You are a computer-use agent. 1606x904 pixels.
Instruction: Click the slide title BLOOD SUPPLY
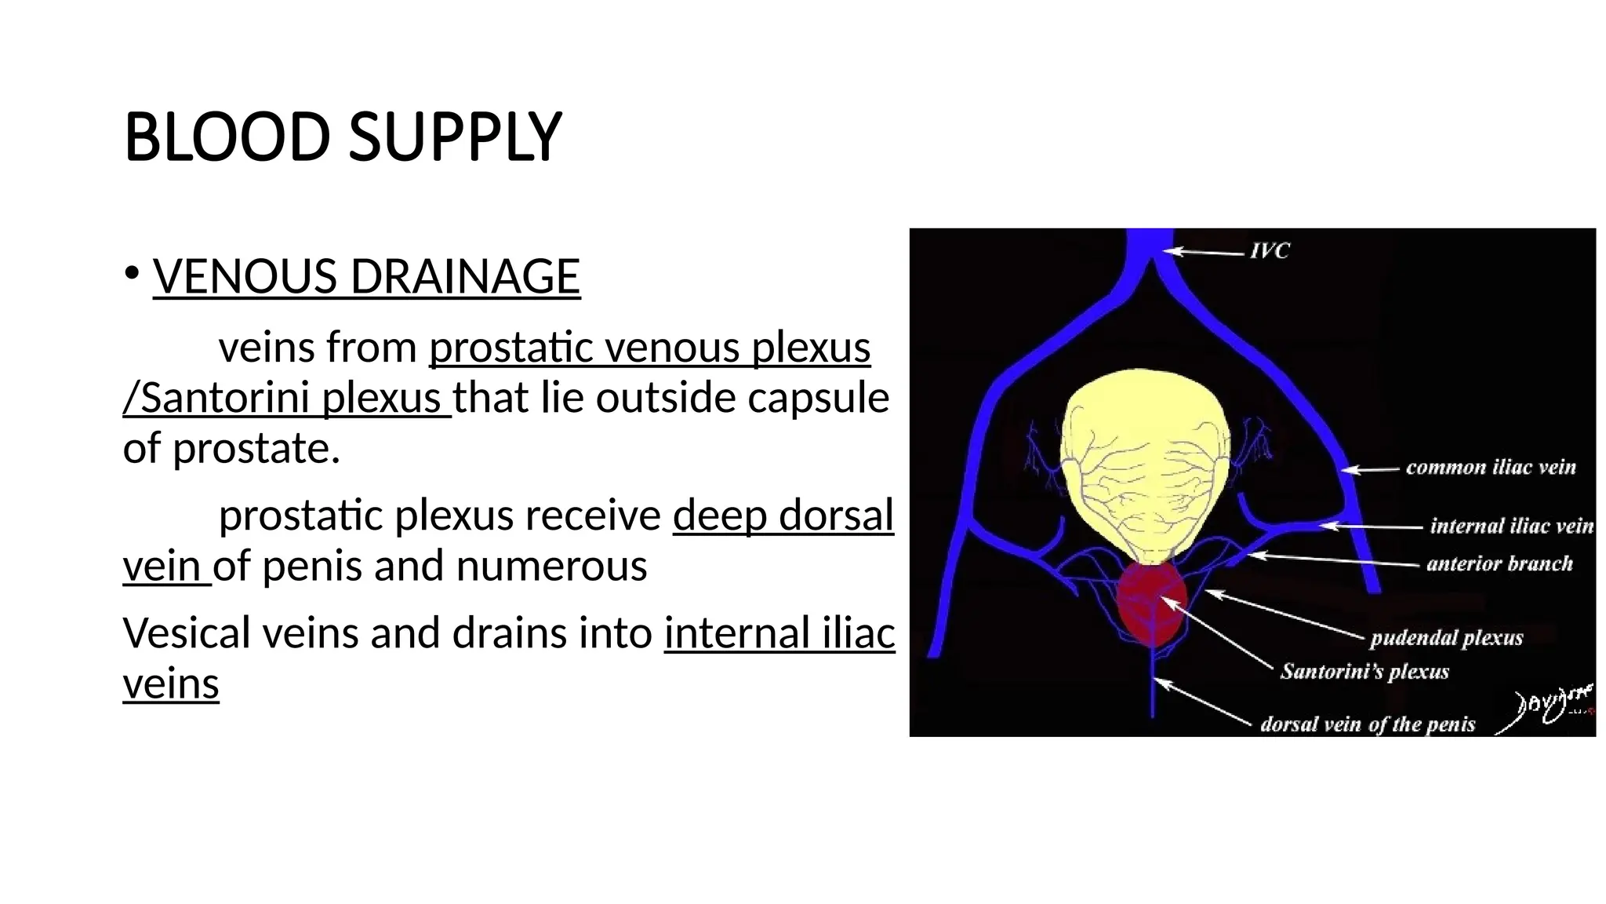click(343, 137)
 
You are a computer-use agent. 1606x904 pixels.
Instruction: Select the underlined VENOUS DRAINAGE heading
click(366, 276)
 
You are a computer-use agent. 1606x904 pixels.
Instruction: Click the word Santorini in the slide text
click(221, 398)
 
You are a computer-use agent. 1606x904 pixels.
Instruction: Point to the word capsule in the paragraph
click(818, 398)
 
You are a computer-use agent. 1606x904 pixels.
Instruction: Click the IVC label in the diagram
click(1270, 251)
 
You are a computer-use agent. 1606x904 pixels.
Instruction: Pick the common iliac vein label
click(1490, 468)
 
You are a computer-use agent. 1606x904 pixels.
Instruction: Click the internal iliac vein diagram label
click(1511, 526)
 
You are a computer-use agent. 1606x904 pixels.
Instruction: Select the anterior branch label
click(1499, 563)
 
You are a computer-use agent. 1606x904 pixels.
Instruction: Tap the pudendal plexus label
click(1446, 638)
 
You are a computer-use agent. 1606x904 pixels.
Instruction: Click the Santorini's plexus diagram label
click(1364, 672)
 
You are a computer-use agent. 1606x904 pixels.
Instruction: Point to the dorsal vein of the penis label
click(1368, 724)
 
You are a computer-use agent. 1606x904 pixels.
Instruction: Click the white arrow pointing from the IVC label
click(1204, 252)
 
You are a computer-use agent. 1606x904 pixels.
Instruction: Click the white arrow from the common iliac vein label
click(1370, 469)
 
